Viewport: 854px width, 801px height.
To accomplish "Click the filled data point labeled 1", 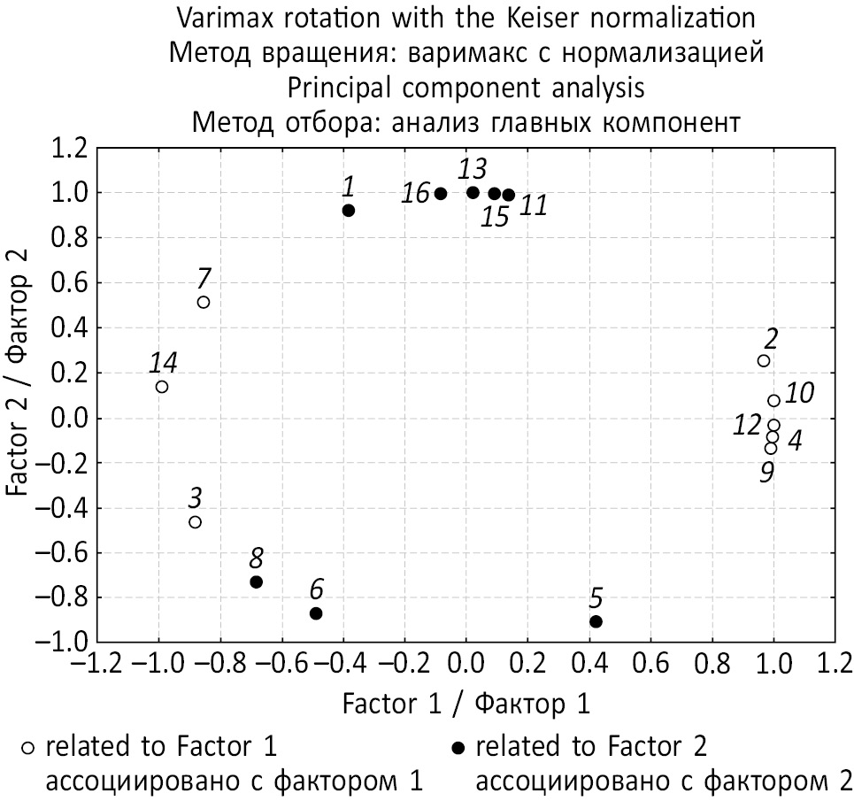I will click(349, 211).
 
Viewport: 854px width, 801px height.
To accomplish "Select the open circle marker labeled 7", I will click(204, 302).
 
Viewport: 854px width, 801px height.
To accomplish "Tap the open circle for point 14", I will click(162, 386).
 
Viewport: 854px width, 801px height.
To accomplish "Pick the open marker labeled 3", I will click(195, 522).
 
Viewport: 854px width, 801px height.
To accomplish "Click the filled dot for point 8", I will click(257, 582).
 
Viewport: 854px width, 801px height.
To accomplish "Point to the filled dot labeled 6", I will click(316, 613).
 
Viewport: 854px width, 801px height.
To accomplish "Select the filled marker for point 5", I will click(596, 621).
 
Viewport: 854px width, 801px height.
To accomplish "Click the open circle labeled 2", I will click(764, 360).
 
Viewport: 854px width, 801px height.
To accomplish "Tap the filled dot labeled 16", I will click(441, 194).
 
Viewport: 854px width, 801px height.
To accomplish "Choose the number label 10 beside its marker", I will click(800, 392).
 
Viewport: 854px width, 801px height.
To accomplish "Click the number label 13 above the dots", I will click(473, 168).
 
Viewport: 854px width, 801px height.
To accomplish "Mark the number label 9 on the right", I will click(766, 473).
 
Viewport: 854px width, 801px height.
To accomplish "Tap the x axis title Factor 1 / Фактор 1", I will click(465, 705).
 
